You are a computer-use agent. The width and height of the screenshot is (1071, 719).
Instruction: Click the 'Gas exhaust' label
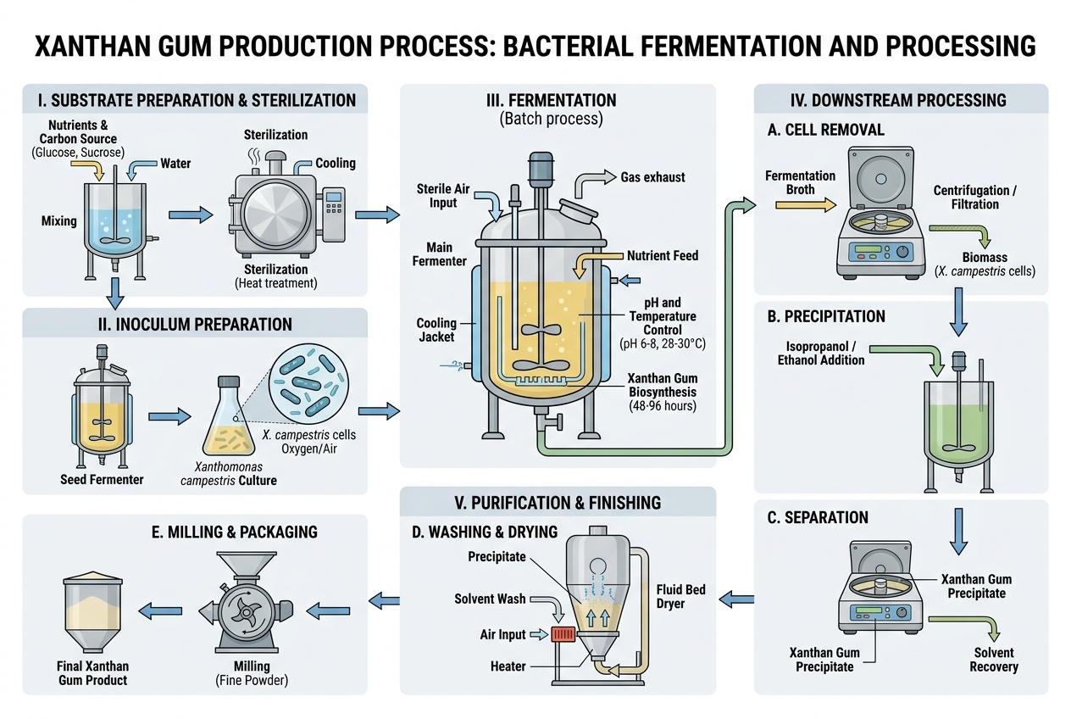652,177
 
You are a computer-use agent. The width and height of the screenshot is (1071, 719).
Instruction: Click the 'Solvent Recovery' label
993,659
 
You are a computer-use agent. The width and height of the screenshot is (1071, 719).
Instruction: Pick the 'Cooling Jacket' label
436,330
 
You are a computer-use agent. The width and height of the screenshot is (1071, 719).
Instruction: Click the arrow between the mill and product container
160,607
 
